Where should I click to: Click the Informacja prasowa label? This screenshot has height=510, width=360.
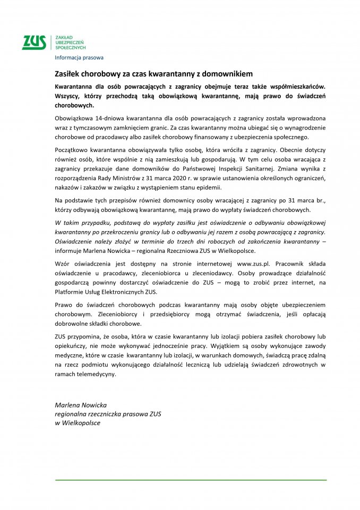pyautogui.click(x=79, y=57)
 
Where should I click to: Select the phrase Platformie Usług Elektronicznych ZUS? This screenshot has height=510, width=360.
pyautogui.click(x=106, y=292)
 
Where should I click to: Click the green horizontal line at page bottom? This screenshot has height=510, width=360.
pyautogui.click(x=191, y=480)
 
